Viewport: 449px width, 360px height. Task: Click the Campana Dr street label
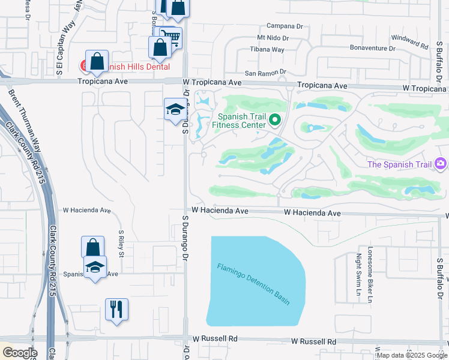tap(285, 26)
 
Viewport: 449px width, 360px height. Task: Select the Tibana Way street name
tap(267, 50)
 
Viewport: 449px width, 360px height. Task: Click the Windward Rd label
tap(409, 42)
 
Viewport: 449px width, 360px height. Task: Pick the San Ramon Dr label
tap(262, 73)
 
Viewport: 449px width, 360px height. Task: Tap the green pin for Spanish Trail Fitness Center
tap(276, 120)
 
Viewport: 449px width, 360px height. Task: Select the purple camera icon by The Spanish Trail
tap(441, 163)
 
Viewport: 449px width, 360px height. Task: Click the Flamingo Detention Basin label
tap(253, 284)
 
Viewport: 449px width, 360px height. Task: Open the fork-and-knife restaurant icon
tap(116, 309)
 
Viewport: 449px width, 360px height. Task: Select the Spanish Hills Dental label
tap(136, 67)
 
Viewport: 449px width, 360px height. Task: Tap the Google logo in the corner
tap(19, 352)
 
